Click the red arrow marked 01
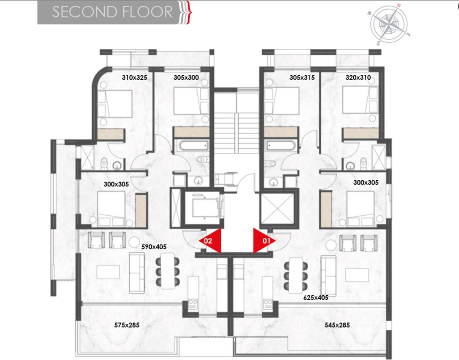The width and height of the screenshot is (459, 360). point(263,241)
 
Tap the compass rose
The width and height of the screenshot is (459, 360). point(389,24)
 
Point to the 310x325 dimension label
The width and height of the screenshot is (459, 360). point(134,77)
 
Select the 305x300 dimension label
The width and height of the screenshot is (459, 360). point(186,77)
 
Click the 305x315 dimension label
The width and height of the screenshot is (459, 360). point(302,77)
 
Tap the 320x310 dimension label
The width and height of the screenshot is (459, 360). point(358,77)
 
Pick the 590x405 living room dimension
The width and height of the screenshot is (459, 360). point(154,247)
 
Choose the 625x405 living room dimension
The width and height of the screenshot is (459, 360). point(316,297)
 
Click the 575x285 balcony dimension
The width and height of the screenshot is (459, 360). point(127,325)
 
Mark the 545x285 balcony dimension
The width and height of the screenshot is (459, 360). point(337,325)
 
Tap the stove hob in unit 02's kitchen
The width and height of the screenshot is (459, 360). point(193,304)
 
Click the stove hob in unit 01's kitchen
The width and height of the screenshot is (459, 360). point(268,304)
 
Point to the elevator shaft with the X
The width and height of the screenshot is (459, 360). point(277,208)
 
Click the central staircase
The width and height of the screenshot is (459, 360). point(236,123)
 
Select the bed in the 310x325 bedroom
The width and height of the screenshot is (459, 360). point(115,104)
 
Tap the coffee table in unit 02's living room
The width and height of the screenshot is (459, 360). point(108,272)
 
